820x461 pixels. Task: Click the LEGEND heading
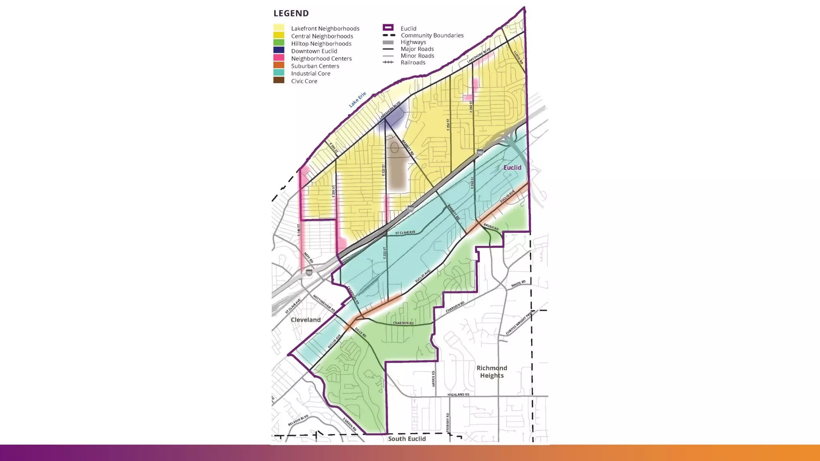[291, 13]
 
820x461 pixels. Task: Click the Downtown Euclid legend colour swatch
[279, 50]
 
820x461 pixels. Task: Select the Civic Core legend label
[304, 81]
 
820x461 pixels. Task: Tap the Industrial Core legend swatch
[279, 73]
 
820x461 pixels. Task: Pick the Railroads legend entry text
[413, 62]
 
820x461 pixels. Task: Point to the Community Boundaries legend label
[432, 35]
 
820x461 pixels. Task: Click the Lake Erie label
[357, 99]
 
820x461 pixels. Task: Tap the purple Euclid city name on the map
[512, 167]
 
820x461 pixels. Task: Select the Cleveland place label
[305, 320]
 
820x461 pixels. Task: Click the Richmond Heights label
[492, 371]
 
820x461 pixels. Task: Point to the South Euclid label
[407, 439]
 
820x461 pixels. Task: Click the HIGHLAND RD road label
[458, 395]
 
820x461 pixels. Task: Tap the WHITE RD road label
[518, 284]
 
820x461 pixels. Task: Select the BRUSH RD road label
[491, 226]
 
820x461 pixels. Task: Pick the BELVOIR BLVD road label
[298, 421]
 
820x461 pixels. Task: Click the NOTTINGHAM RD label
[324, 303]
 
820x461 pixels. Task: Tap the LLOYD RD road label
[518, 57]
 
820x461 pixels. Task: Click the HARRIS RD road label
[433, 378]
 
